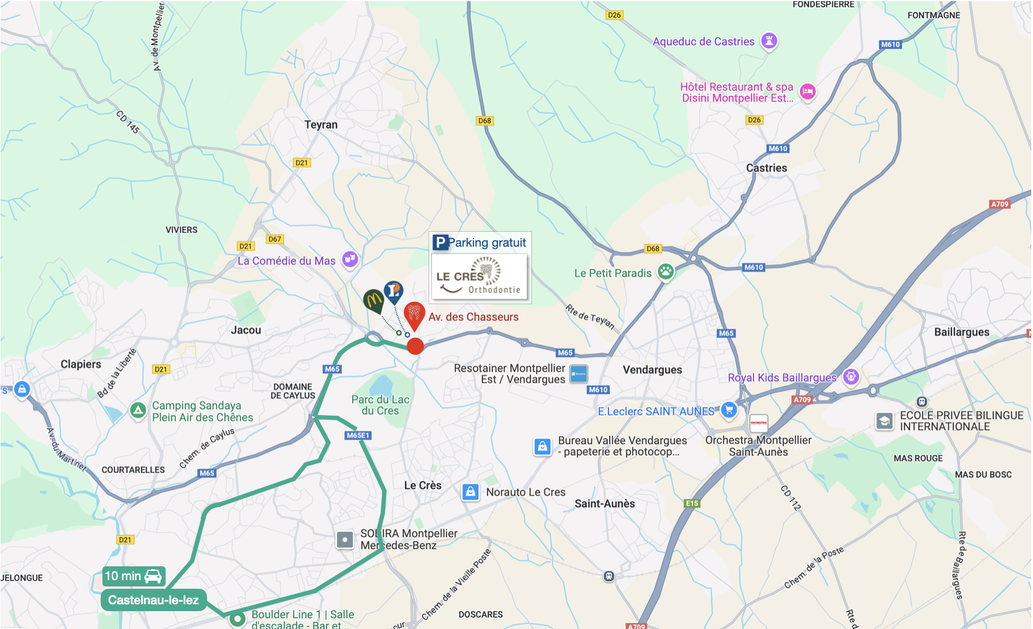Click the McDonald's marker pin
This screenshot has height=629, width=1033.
[x=373, y=300]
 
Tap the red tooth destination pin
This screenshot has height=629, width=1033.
[x=414, y=314]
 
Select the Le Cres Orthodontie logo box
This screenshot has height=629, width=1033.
[x=479, y=277]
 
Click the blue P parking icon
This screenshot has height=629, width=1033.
[x=440, y=243]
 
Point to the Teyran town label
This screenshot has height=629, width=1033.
[x=321, y=125]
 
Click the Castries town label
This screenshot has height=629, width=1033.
[x=766, y=168]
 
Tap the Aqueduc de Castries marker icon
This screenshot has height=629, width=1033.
[x=769, y=41]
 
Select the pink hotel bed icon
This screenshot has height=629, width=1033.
[x=808, y=91]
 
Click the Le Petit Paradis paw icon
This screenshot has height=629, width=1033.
[x=665, y=272]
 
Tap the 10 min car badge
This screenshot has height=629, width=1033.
[x=133, y=576]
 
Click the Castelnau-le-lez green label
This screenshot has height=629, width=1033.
[x=153, y=600]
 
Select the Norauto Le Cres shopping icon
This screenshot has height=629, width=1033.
[x=470, y=492]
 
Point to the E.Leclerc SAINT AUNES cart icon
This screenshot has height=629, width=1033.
[x=729, y=410]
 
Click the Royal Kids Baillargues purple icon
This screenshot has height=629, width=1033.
[x=851, y=377]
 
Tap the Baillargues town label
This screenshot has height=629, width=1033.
[x=961, y=332]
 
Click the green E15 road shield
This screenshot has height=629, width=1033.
[x=692, y=504]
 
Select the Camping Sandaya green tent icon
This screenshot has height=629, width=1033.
[x=137, y=411]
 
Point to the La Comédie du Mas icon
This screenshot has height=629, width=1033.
[x=350, y=259]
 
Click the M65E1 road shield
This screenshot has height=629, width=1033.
[x=358, y=435]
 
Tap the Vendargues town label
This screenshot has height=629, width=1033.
[x=652, y=370]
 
